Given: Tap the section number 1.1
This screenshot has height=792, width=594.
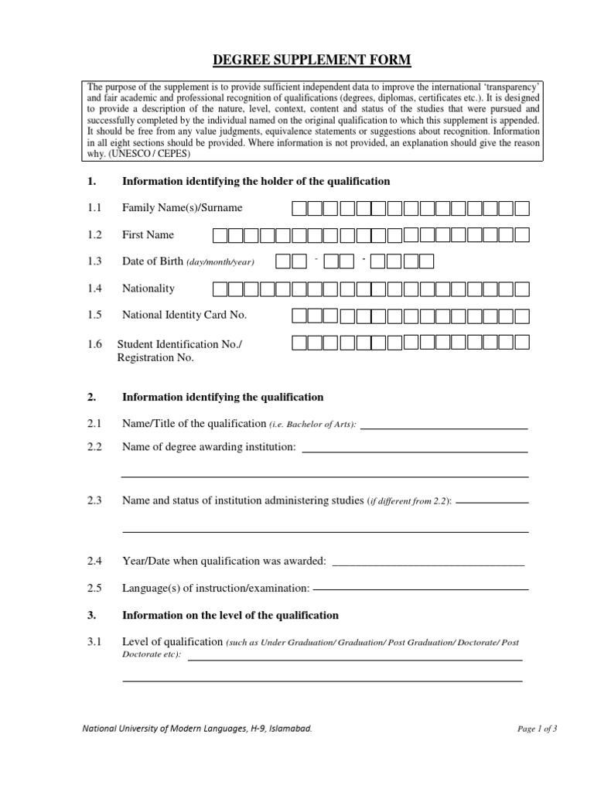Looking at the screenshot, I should tap(94, 208).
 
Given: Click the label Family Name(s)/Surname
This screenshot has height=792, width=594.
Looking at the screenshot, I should tap(182, 208).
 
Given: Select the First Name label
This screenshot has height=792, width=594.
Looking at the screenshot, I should tap(148, 235).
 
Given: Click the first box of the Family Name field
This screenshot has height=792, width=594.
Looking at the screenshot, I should tap(299, 208).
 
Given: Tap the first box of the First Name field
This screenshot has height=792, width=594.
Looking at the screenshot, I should tap(220, 235).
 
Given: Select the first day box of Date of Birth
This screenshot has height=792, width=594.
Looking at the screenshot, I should tap(283, 262).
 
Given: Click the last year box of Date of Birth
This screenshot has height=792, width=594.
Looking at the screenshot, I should tap(426, 262).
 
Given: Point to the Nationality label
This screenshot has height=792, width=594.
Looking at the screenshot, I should tap(148, 288).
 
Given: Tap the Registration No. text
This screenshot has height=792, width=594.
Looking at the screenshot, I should tap(155, 357).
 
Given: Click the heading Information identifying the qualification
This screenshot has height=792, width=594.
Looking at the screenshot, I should tap(223, 397).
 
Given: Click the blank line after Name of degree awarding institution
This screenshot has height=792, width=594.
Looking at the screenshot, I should tap(415, 450).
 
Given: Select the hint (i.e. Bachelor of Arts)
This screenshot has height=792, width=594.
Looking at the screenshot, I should tap(313, 425).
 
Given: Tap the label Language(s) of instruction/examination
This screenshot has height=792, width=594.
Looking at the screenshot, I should tap(216, 589).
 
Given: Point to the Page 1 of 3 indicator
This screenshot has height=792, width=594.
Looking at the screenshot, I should tap(537, 729).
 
